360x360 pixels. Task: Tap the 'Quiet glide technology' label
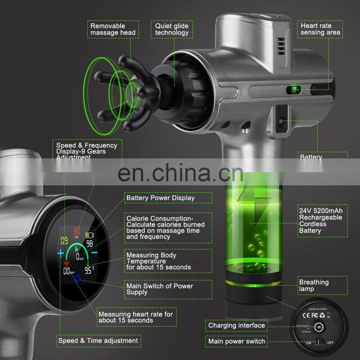pyautogui.click(x=172, y=29)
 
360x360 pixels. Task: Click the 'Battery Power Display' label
pyautogui.click(x=160, y=198)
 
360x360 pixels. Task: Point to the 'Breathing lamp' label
pyautogui.click(x=314, y=286)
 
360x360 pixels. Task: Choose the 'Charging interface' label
pyautogui.click(x=236, y=325)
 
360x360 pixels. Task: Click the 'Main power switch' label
pyautogui.click(x=236, y=342)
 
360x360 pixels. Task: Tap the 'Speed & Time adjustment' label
pyautogui.click(x=98, y=341)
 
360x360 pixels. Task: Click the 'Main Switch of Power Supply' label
pyautogui.click(x=159, y=289)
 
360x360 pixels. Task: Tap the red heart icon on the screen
pyautogui.click(x=67, y=265)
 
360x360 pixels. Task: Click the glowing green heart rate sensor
pyautogui.click(x=295, y=90)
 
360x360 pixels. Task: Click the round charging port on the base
pyautogui.click(x=320, y=327)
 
